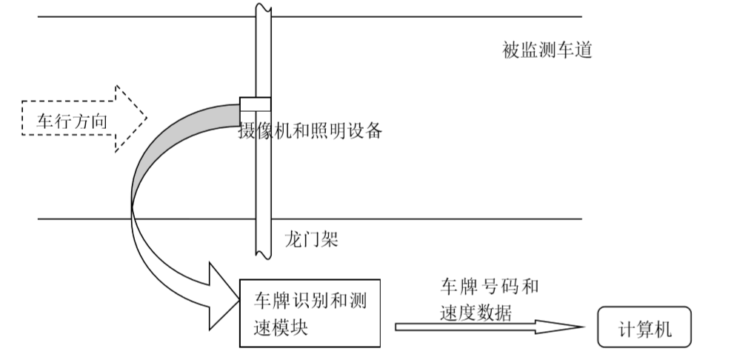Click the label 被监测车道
[547, 51]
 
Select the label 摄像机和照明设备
[310, 131]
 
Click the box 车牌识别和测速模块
[310, 313]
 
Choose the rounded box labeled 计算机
[644, 327]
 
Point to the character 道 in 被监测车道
[582, 51]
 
